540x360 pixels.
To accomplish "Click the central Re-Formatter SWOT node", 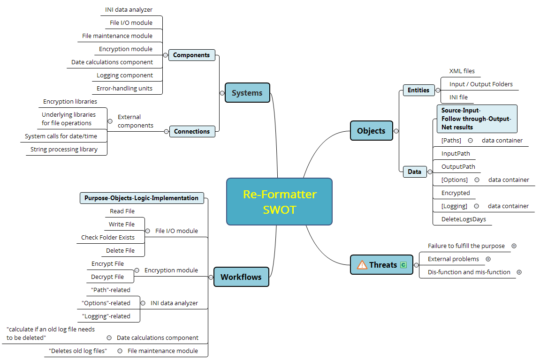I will tap(279, 202).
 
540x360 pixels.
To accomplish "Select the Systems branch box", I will tap(247, 93).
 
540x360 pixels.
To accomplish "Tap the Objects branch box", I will tap(371, 131).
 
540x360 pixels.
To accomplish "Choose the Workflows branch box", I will tap(241, 277).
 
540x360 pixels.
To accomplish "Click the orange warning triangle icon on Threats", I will tap(362, 265).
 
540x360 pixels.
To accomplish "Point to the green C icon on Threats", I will tap(403, 265).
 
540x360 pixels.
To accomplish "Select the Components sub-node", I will tap(191, 55).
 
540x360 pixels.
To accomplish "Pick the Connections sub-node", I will tap(192, 131).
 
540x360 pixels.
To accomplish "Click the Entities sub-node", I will tap(418, 90).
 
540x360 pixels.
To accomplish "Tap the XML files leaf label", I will tap(462, 71).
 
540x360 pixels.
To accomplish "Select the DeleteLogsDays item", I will tap(464, 219).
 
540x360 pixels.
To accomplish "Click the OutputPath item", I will tap(458, 166).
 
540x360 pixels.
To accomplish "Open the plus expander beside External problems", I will tap(488, 259).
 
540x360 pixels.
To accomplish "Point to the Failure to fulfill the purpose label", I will tap(466, 246).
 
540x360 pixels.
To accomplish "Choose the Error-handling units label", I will tap(124, 88).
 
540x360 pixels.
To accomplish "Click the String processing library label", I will tap(64, 149).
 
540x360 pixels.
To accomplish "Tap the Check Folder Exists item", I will tap(108, 237).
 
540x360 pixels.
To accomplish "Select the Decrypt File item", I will tap(107, 277).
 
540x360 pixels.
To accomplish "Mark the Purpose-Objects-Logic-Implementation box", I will tap(142, 198).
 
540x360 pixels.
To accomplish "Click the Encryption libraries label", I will tap(70, 101).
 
